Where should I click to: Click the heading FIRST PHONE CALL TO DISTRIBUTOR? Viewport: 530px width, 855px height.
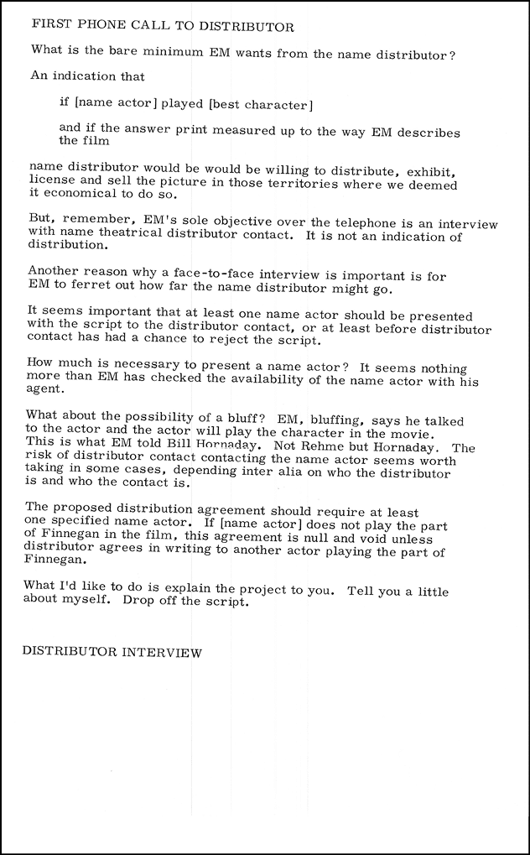point(162,27)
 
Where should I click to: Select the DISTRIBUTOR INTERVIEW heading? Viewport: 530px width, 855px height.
point(112,652)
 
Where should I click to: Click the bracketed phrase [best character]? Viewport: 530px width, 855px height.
point(261,105)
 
